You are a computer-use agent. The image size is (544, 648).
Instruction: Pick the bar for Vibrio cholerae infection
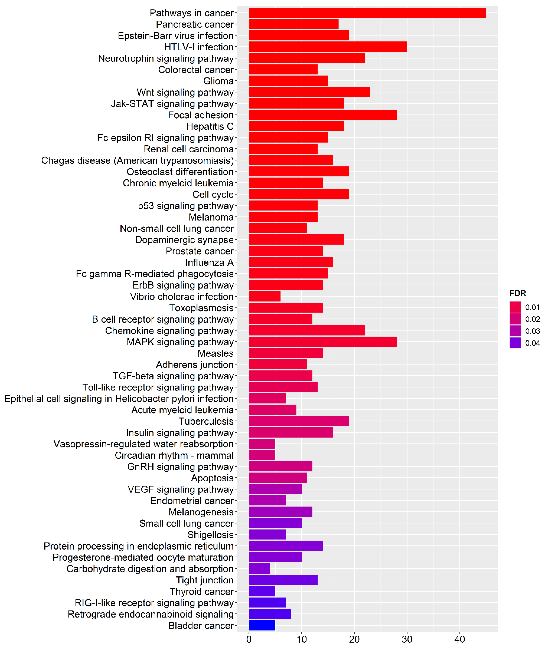click(x=264, y=296)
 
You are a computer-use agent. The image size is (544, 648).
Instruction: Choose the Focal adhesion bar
click(x=322, y=115)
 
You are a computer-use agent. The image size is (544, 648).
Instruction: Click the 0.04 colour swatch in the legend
click(x=515, y=343)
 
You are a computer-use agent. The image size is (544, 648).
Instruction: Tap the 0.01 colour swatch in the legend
click(x=515, y=307)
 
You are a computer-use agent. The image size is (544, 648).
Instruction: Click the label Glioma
click(x=218, y=81)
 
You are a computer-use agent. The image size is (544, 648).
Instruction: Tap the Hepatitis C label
click(x=210, y=126)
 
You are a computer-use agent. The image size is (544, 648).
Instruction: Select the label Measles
click(x=216, y=353)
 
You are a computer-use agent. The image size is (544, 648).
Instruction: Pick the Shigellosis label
click(x=210, y=535)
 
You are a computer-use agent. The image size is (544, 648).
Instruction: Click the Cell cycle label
click(x=213, y=195)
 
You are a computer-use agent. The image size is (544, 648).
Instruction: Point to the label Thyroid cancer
click(x=201, y=592)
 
